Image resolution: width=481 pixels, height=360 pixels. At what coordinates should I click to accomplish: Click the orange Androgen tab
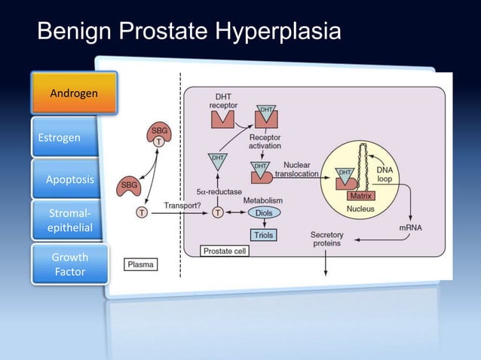(73, 93)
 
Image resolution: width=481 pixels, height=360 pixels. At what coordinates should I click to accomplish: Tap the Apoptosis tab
(70, 179)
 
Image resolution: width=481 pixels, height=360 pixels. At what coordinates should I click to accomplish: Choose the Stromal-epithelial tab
(69, 221)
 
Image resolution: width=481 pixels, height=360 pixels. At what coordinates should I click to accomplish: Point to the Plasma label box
(141, 264)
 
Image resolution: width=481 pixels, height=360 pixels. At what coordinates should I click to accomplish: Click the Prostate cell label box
(224, 251)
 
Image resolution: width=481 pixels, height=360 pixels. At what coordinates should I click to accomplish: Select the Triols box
(263, 235)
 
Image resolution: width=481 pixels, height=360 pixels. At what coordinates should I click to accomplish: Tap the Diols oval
(263, 213)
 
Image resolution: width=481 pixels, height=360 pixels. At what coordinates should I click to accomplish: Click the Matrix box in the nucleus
(358, 196)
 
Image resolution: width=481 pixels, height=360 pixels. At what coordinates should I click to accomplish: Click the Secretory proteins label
(326, 239)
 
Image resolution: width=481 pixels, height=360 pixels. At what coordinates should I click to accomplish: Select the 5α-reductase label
(219, 192)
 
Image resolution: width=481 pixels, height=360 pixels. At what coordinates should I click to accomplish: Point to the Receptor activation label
(265, 142)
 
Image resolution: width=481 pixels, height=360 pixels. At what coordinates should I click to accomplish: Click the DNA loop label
(384, 175)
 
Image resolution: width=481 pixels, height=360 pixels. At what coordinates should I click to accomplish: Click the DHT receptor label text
(223, 101)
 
